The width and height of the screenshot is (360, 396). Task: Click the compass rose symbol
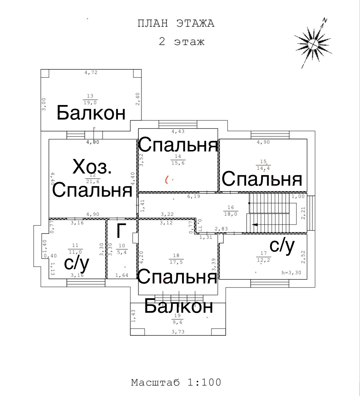(313, 44)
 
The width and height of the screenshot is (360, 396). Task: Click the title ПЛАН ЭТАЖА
(176, 23)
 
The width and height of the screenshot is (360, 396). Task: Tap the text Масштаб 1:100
(176, 382)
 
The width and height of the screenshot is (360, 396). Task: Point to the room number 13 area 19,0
(90, 99)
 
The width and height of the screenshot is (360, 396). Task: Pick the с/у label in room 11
(77, 263)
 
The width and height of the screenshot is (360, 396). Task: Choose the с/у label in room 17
(282, 246)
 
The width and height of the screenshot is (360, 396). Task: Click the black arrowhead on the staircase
(255, 225)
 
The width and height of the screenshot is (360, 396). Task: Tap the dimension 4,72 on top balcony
(91, 73)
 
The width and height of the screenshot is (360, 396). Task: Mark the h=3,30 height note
(291, 273)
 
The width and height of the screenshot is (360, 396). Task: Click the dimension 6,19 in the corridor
(194, 196)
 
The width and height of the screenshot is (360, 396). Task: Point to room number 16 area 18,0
(231, 211)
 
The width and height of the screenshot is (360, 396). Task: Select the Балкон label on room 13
(91, 113)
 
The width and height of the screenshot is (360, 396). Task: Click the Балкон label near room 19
(179, 306)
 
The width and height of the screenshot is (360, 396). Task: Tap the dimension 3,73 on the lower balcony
(178, 332)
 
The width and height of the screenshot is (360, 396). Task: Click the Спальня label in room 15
(262, 179)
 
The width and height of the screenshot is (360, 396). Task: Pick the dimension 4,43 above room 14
(178, 131)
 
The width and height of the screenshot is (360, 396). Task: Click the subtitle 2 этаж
(182, 41)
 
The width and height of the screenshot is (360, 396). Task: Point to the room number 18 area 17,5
(176, 259)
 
